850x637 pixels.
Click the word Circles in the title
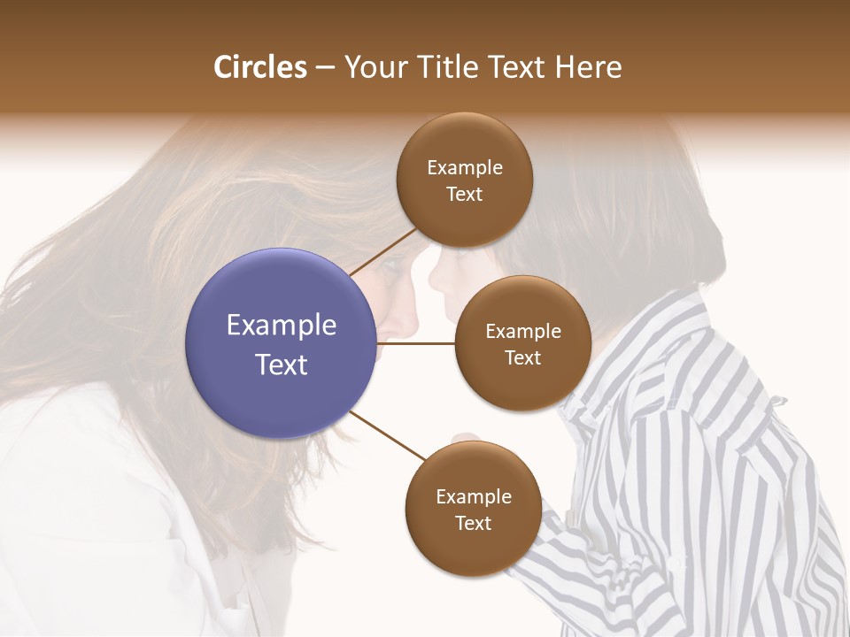tap(259, 67)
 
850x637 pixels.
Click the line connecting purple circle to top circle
tap(382, 251)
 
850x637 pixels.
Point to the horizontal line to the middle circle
tap(416, 344)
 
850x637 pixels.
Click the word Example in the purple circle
tap(282, 326)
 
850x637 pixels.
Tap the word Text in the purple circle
tap(282, 365)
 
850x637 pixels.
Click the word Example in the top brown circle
tap(464, 168)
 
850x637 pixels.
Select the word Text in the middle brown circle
tap(522, 357)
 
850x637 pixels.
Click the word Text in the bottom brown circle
tap(473, 523)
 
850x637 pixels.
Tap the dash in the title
tap(325, 67)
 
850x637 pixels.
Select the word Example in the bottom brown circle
tap(473, 496)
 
